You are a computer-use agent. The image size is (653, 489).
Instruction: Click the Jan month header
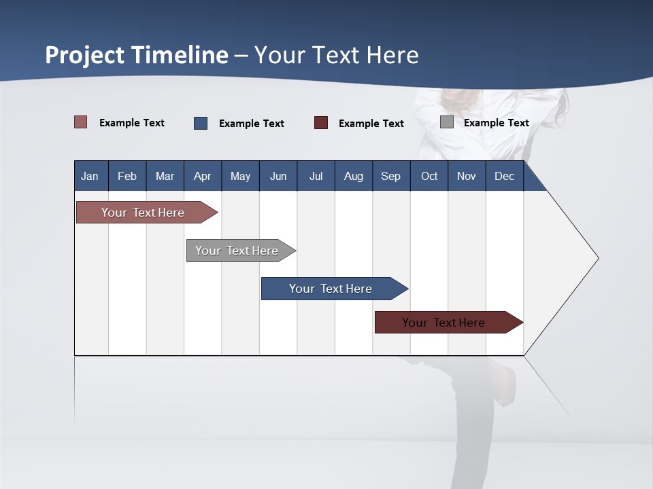[90, 176]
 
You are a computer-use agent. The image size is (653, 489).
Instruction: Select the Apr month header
[203, 176]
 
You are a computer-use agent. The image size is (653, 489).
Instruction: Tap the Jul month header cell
[316, 176]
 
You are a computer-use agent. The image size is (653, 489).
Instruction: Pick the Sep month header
[390, 176]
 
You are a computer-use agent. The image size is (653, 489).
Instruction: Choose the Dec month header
[504, 176]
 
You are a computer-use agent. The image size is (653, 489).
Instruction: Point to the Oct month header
[429, 176]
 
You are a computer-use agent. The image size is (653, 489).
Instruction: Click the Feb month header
[127, 176]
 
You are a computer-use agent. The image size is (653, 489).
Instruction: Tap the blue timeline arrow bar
[331, 289]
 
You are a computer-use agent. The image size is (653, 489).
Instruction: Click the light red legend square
[81, 122]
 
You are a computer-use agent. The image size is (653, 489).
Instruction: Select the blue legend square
[201, 123]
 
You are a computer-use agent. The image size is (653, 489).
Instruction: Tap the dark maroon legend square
[321, 123]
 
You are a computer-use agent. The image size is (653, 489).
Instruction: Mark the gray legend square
[447, 122]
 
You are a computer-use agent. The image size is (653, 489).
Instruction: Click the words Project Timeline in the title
[137, 55]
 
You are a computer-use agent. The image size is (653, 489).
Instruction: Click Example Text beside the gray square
[496, 123]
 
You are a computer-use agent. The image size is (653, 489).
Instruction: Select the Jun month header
[278, 176]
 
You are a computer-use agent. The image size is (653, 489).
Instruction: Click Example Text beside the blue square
[251, 124]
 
